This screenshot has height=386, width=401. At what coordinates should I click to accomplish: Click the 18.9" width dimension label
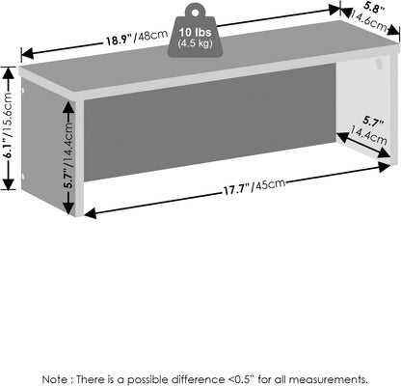coord(120,41)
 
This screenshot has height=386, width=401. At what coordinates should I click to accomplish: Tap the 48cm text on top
coord(152,36)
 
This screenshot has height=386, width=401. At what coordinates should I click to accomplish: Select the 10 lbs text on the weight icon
coord(196,32)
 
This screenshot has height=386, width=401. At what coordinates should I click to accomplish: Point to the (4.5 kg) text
coord(196,43)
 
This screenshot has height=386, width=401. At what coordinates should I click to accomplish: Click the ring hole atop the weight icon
coord(195,13)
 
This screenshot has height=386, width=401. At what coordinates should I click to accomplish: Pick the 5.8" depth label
coord(374,9)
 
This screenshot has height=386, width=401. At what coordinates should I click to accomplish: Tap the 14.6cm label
coord(369,21)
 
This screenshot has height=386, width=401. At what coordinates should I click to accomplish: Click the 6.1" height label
coord(8,149)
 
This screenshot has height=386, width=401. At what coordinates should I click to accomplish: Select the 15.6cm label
coord(8,114)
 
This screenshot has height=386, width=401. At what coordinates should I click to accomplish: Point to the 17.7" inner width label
coord(237,189)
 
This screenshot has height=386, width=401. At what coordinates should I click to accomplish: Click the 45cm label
coord(269,184)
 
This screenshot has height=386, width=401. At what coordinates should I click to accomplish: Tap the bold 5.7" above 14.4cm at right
coord(373,122)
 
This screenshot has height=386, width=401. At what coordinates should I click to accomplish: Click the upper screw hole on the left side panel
coord(23,92)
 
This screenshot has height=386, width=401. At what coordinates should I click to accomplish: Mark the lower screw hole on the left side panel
coord(23,177)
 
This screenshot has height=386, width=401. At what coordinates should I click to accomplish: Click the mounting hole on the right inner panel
coord(379,63)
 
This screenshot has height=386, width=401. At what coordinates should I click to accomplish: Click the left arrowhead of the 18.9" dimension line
coord(27,53)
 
